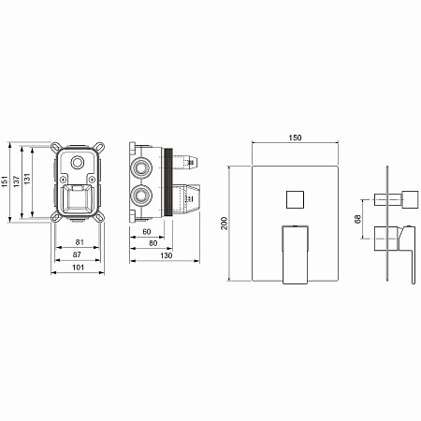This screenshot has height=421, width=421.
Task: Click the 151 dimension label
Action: pyautogui.click(x=5, y=181)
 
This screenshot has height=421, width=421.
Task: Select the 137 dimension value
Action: pyautogui.click(x=16, y=181)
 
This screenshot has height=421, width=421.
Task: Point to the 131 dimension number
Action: pyautogui.click(x=27, y=179)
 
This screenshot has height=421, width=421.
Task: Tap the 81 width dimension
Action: pyautogui.click(x=80, y=242)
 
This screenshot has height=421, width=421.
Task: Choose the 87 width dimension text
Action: pyautogui.click(x=77, y=254)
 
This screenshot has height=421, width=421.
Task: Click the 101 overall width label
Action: pyautogui.click(x=78, y=268)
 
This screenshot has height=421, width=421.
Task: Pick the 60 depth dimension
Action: pyautogui.click(x=147, y=232)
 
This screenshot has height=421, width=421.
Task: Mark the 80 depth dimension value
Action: pyautogui.click(x=153, y=243)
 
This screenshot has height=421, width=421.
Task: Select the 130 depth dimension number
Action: pyautogui.click(x=167, y=255)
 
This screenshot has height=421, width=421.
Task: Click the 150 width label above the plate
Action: pyautogui.click(x=295, y=138)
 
